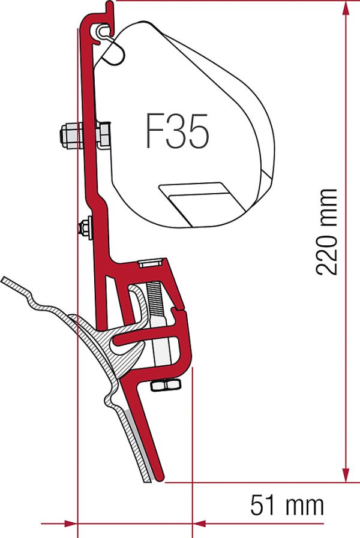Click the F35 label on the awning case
[x=178, y=131]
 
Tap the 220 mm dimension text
[x=326, y=232]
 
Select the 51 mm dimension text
[x=287, y=505]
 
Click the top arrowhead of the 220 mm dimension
[x=346, y=8]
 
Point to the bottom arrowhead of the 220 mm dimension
[x=346, y=474]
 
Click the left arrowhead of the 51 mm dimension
[x=70, y=524]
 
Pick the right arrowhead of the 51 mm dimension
[x=199, y=524]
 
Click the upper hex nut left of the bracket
[x=71, y=135]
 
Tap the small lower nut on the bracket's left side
[x=85, y=227]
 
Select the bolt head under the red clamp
[x=166, y=385]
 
